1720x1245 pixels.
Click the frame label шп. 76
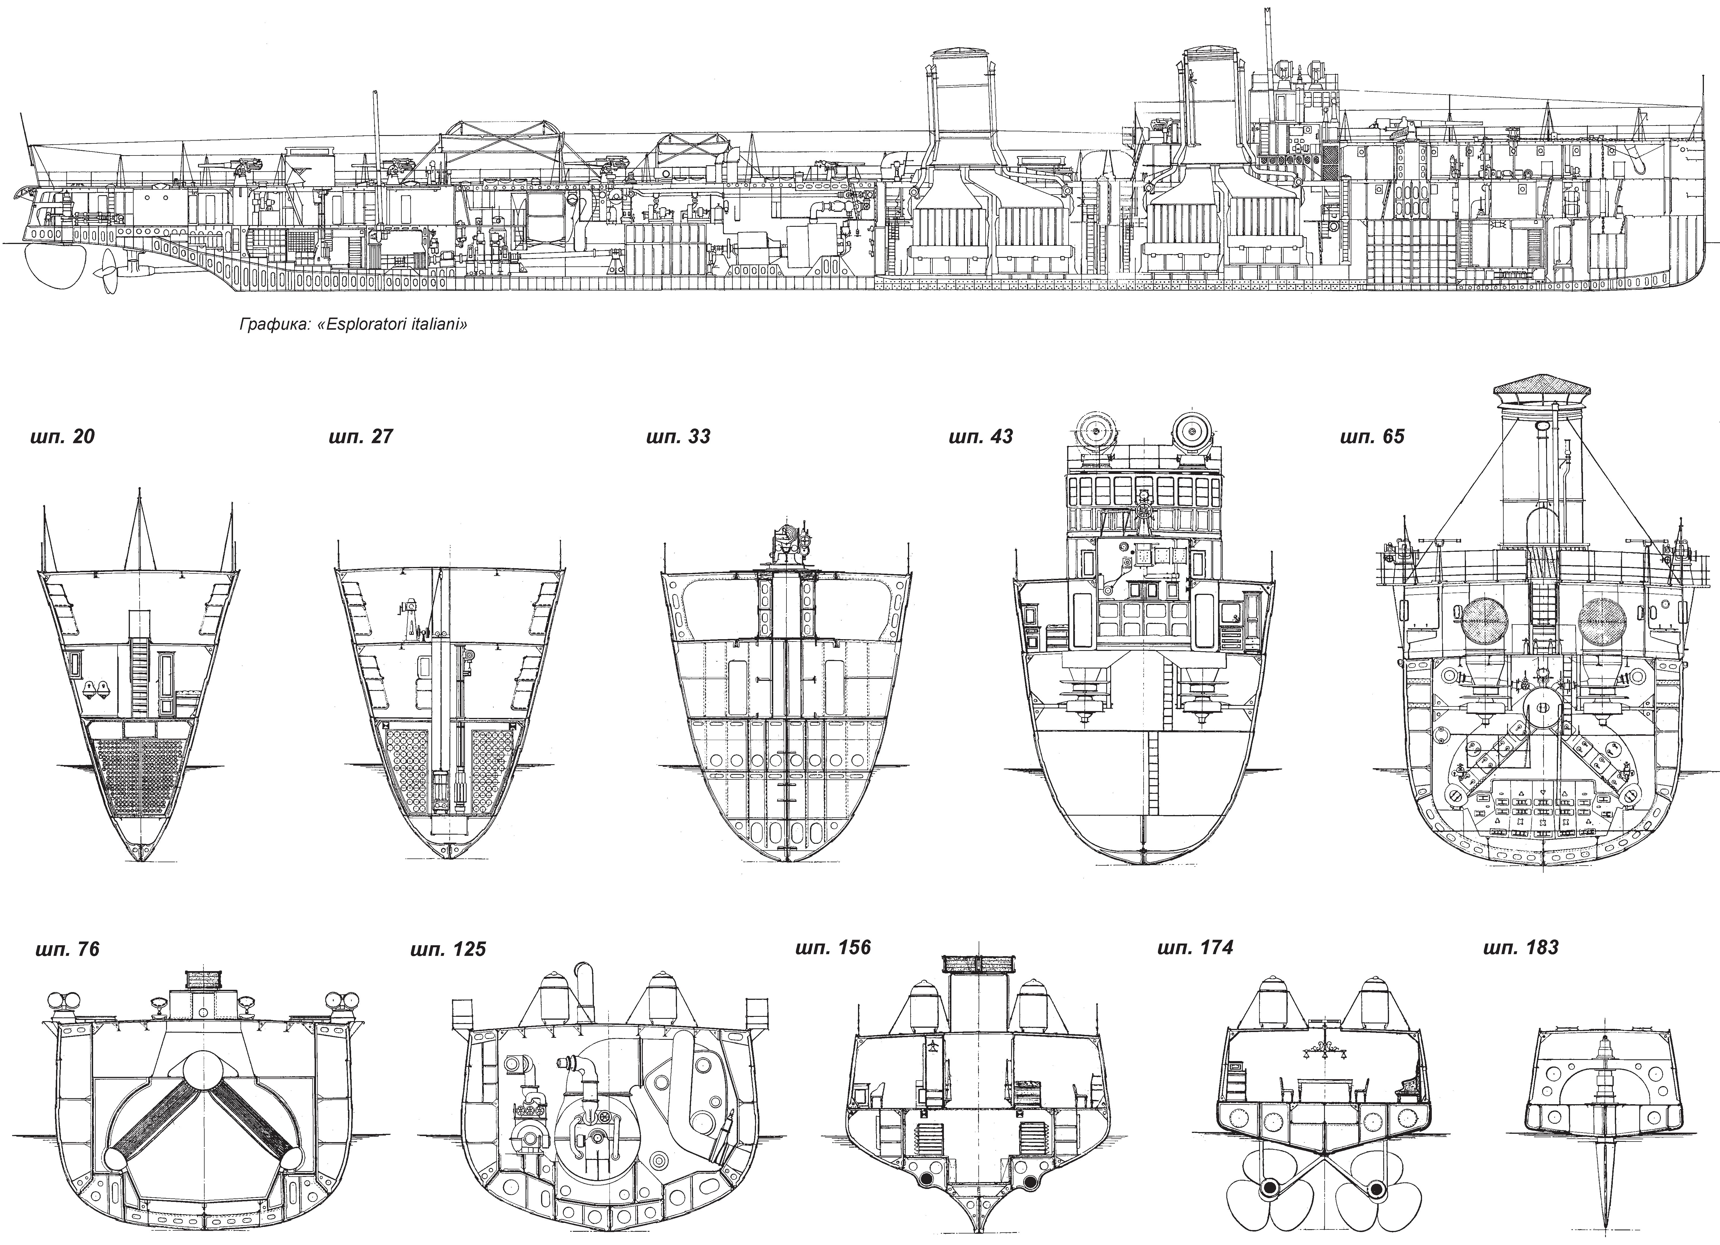[x=68, y=949]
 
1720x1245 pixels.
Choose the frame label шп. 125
[x=448, y=949]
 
